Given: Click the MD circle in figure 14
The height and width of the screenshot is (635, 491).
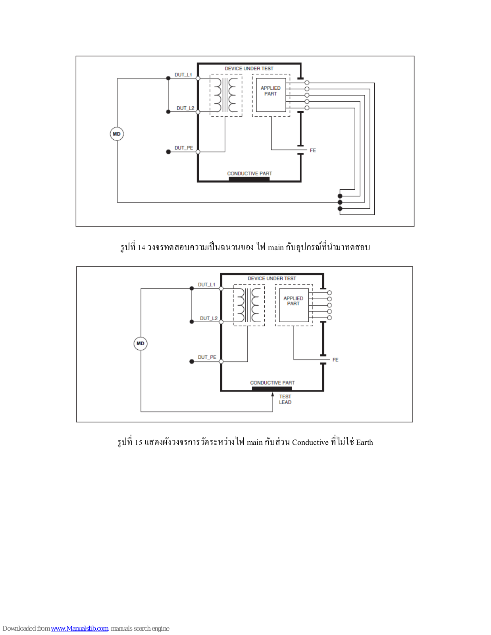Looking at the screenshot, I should [117, 134].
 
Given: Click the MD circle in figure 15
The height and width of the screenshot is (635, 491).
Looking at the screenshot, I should [141, 343].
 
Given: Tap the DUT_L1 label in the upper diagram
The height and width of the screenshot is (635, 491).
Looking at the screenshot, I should [183, 75].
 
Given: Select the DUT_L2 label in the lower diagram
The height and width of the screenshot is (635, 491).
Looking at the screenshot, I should [208, 318].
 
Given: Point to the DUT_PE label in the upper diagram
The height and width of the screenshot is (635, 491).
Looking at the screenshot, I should [184, 148].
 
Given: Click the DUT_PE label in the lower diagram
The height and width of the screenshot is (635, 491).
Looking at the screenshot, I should [207, 357].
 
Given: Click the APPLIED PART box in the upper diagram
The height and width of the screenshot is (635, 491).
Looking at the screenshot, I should [271, 95].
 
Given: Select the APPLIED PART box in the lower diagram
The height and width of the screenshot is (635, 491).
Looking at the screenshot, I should [294, 305].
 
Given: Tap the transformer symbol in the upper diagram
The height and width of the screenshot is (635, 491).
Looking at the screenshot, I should [226, 95].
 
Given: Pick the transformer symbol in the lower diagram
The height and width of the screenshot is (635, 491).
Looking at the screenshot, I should [249, 305].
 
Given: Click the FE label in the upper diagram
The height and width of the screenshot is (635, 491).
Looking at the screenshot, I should [313, 150].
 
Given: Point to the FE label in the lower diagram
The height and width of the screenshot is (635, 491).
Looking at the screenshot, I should [335, 360].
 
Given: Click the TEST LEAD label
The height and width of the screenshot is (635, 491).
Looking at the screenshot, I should [285, 399].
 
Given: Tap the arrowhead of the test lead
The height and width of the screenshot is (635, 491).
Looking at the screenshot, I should [273, 394].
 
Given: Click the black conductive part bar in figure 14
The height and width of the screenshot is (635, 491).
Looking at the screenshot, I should [249, 179].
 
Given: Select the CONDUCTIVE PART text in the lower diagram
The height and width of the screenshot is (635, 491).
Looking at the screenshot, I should [272, 383].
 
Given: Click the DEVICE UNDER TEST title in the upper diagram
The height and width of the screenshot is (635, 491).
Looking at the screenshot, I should [249, 69].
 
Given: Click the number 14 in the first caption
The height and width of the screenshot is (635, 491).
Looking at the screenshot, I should [141, 248].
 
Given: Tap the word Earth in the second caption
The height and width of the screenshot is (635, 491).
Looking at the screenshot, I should [364, 443].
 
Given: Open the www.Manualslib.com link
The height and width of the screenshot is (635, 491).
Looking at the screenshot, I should [79, 628].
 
